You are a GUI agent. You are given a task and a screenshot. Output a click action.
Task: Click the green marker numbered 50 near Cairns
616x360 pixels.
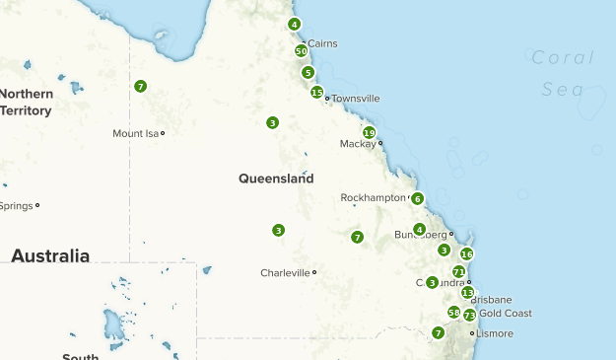pyautogui.click(x=301, y=50)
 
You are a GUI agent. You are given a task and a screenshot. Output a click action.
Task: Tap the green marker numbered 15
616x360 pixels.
pyautogui.click(x=316, y=93)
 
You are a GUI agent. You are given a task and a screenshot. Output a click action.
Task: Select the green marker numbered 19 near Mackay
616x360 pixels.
pyautogui.click(x=369, y=132)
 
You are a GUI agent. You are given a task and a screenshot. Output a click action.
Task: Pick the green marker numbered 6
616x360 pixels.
pyautogui.click(x=418, y=198)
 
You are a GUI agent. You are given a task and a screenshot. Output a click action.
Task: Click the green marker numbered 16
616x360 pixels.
pyautogui.click(x=466, y=253)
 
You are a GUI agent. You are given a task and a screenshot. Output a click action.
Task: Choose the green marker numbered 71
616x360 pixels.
pyautogui.click(x=458, y=271)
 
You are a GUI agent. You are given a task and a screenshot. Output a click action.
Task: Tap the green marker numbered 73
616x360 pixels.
pyautogui.click(x=469, y=315)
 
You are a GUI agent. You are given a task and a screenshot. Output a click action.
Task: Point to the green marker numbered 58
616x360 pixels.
pyautogui.click(x=453, y=312)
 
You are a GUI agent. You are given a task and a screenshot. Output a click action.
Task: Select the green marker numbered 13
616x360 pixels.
pyautogui.click(x=467, y=292)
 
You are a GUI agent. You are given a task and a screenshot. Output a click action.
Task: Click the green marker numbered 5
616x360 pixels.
pyautogui.click(x=308, y=72)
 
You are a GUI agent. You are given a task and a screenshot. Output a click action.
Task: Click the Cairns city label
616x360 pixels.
pyautogui.click(x=322, y=43)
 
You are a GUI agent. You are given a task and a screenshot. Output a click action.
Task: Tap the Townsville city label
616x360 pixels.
pyautogui.click(x=355, y=99)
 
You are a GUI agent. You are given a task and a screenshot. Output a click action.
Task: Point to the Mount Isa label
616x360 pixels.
pyautogui.click(x=136, y=133)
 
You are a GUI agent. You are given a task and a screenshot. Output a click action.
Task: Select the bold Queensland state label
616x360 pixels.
pyautogui.click(x=276, y=179)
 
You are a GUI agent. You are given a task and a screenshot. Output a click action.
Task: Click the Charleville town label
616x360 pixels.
pyautogui.click(x=285, y=273)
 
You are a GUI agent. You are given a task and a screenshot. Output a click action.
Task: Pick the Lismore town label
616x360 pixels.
pyautogui.click(x=495, y=333)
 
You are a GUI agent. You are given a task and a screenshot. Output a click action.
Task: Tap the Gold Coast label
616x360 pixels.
pyautogui.click(x=505, y=314)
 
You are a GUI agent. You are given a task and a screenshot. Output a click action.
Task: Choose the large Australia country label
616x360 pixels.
pyautogui.click(x=49, y=255)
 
